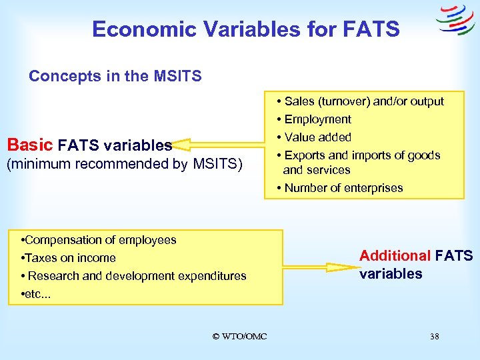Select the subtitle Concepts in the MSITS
pyautogui.click(x=115, y=77)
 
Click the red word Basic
pyautogui.click(x=30, y=145)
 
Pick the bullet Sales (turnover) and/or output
pyautogui.click(x=363, y=101)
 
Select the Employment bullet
pyautogui.click(x=317, y=119)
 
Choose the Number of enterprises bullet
pyautogui.click(x=343, y=187)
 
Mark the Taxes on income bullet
pyautogui.click(x=69, y=258)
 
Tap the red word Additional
pyautogui.click(x=395, y=256)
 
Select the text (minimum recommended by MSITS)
pyautogui.click(x=124, y=164)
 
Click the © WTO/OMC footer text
pyautogui.click(x=239, y=337)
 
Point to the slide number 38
pyautogui.click(x=434, y=337)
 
